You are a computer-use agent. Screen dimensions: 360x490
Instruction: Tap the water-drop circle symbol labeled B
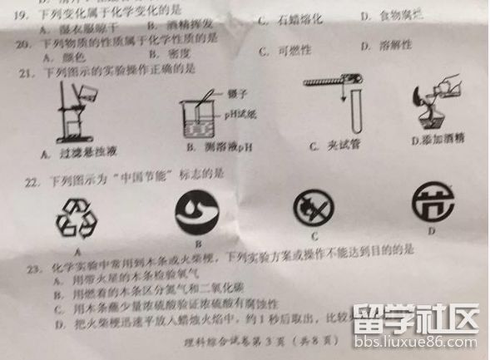point(198,209)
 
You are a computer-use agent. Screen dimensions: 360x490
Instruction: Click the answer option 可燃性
point(292,51)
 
